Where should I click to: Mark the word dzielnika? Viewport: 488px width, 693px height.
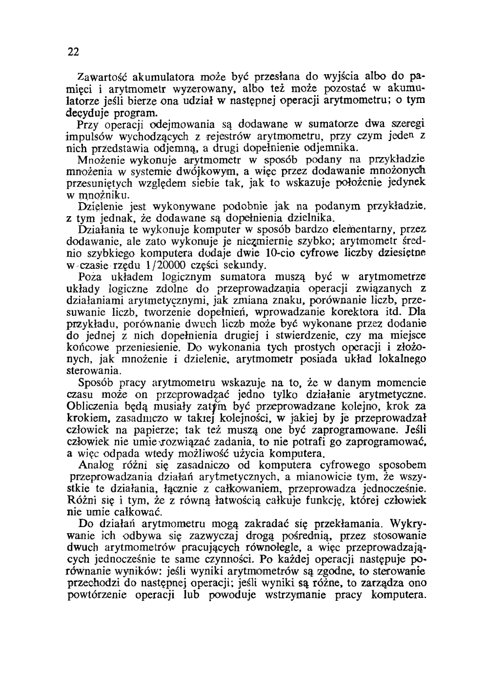[x=310, y=217]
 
